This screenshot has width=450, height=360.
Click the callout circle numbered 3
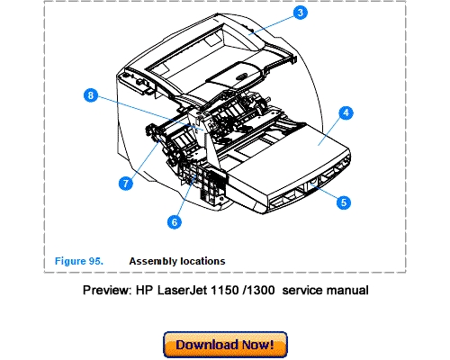tap(301, 13)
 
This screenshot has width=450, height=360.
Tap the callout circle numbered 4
tap(345, 113)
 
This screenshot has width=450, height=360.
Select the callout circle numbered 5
tap(342, 202)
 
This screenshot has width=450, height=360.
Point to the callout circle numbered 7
tap(126, 183)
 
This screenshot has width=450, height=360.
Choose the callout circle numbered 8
tap(89, 94)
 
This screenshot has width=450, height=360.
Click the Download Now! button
tap(225, 345)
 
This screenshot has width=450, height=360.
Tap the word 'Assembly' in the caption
tap(152, 261)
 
